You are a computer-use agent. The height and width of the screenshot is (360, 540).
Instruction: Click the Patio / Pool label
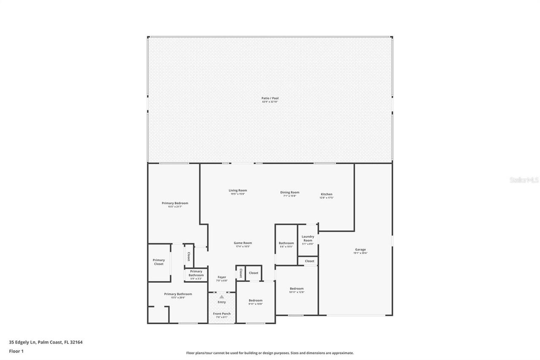[270, 98]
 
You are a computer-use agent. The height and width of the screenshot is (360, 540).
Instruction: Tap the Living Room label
[238, 191]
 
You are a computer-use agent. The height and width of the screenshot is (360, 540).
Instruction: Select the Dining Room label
[290, 193]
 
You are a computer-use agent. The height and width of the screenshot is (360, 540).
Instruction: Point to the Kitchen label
[327, 195]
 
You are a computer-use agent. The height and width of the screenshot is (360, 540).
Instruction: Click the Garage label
[360, 250]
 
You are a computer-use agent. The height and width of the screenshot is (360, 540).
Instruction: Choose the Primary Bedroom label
[175, 203]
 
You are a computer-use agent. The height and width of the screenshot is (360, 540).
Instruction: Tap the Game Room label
[243, 243]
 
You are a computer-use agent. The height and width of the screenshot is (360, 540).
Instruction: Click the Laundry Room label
[308, 238]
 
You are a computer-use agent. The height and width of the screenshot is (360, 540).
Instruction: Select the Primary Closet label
[159, 262]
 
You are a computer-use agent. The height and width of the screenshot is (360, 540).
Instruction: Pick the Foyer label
[221, 277]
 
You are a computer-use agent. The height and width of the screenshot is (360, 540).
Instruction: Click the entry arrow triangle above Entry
[221, 297]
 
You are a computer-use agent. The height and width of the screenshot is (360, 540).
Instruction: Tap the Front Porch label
[221, 314]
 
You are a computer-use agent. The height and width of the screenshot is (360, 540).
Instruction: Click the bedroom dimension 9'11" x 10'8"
[256, 304]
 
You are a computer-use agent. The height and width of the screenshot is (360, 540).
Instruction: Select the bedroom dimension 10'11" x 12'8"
[297, 292]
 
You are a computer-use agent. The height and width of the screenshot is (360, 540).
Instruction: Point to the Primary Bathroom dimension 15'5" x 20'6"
[178, 298]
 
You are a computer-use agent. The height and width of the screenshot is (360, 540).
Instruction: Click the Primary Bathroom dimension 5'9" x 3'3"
[196, 279]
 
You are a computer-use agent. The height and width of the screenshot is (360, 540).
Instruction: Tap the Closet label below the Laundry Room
[310, 261]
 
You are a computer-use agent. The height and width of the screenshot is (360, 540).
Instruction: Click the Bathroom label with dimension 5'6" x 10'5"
[286, 243]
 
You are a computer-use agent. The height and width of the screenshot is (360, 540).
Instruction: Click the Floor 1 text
[16, 351]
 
